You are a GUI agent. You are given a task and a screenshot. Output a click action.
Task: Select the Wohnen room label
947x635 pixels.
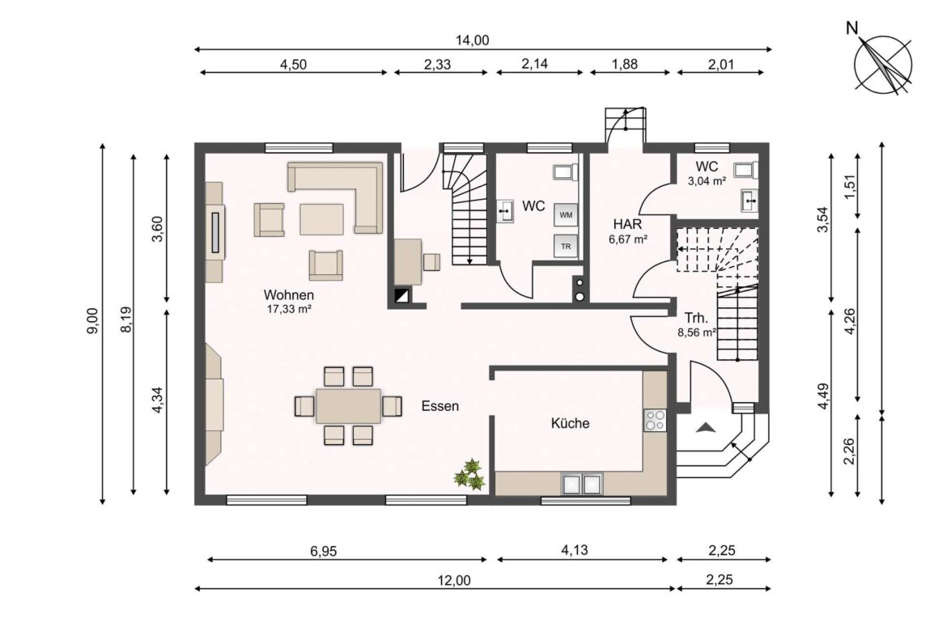click(288, 295)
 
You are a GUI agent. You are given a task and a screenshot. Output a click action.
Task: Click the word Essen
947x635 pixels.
click(440, 406)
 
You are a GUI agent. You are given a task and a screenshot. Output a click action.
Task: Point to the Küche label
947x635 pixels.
click(570, 423)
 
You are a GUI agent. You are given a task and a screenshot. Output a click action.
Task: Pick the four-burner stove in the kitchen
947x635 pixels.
click(654, 420)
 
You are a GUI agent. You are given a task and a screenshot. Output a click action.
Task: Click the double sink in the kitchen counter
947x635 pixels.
click(582, 484)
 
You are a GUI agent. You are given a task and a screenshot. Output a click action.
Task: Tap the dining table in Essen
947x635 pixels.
click(348, 406)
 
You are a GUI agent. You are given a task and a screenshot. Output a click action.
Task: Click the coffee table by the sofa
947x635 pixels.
click(322, 218)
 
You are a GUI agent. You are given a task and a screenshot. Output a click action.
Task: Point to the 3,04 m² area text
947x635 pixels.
click(707, 181)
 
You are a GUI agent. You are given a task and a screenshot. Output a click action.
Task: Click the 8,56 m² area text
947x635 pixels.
click(696, 332)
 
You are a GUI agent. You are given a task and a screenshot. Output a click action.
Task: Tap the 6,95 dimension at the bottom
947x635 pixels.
click(323, 551)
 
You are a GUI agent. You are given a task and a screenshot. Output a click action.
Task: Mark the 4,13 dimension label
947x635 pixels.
click(575, 551)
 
